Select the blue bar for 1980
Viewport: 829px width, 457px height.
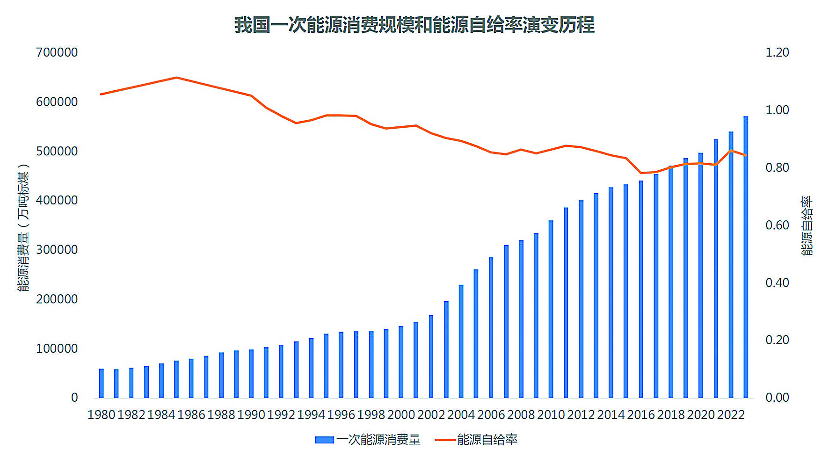tap(102, 383)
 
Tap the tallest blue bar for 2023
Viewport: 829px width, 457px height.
tap(746, 257)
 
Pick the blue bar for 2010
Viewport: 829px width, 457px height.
tap(551, 309)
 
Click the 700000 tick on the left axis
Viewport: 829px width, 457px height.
tap(57, 52)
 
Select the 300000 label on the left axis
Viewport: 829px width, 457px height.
tap(57, 250)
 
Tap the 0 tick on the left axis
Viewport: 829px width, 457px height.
tap(74, 398)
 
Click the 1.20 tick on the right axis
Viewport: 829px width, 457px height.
tap(777, 52)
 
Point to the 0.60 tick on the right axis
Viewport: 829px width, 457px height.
tap(777, 225)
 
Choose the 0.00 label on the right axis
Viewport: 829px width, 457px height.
tap(777, 398)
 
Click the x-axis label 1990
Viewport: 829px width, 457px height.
tap(251, 415)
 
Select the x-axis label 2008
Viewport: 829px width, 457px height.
tap(521, 415)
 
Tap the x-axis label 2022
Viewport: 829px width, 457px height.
tap(731, 415)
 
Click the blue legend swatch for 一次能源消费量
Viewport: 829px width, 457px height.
tap(324, 440)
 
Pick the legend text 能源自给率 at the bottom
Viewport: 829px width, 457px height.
tap(487, 440)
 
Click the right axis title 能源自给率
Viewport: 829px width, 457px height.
tap(807, 225)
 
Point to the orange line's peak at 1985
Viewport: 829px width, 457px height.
tap(176, 78)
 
